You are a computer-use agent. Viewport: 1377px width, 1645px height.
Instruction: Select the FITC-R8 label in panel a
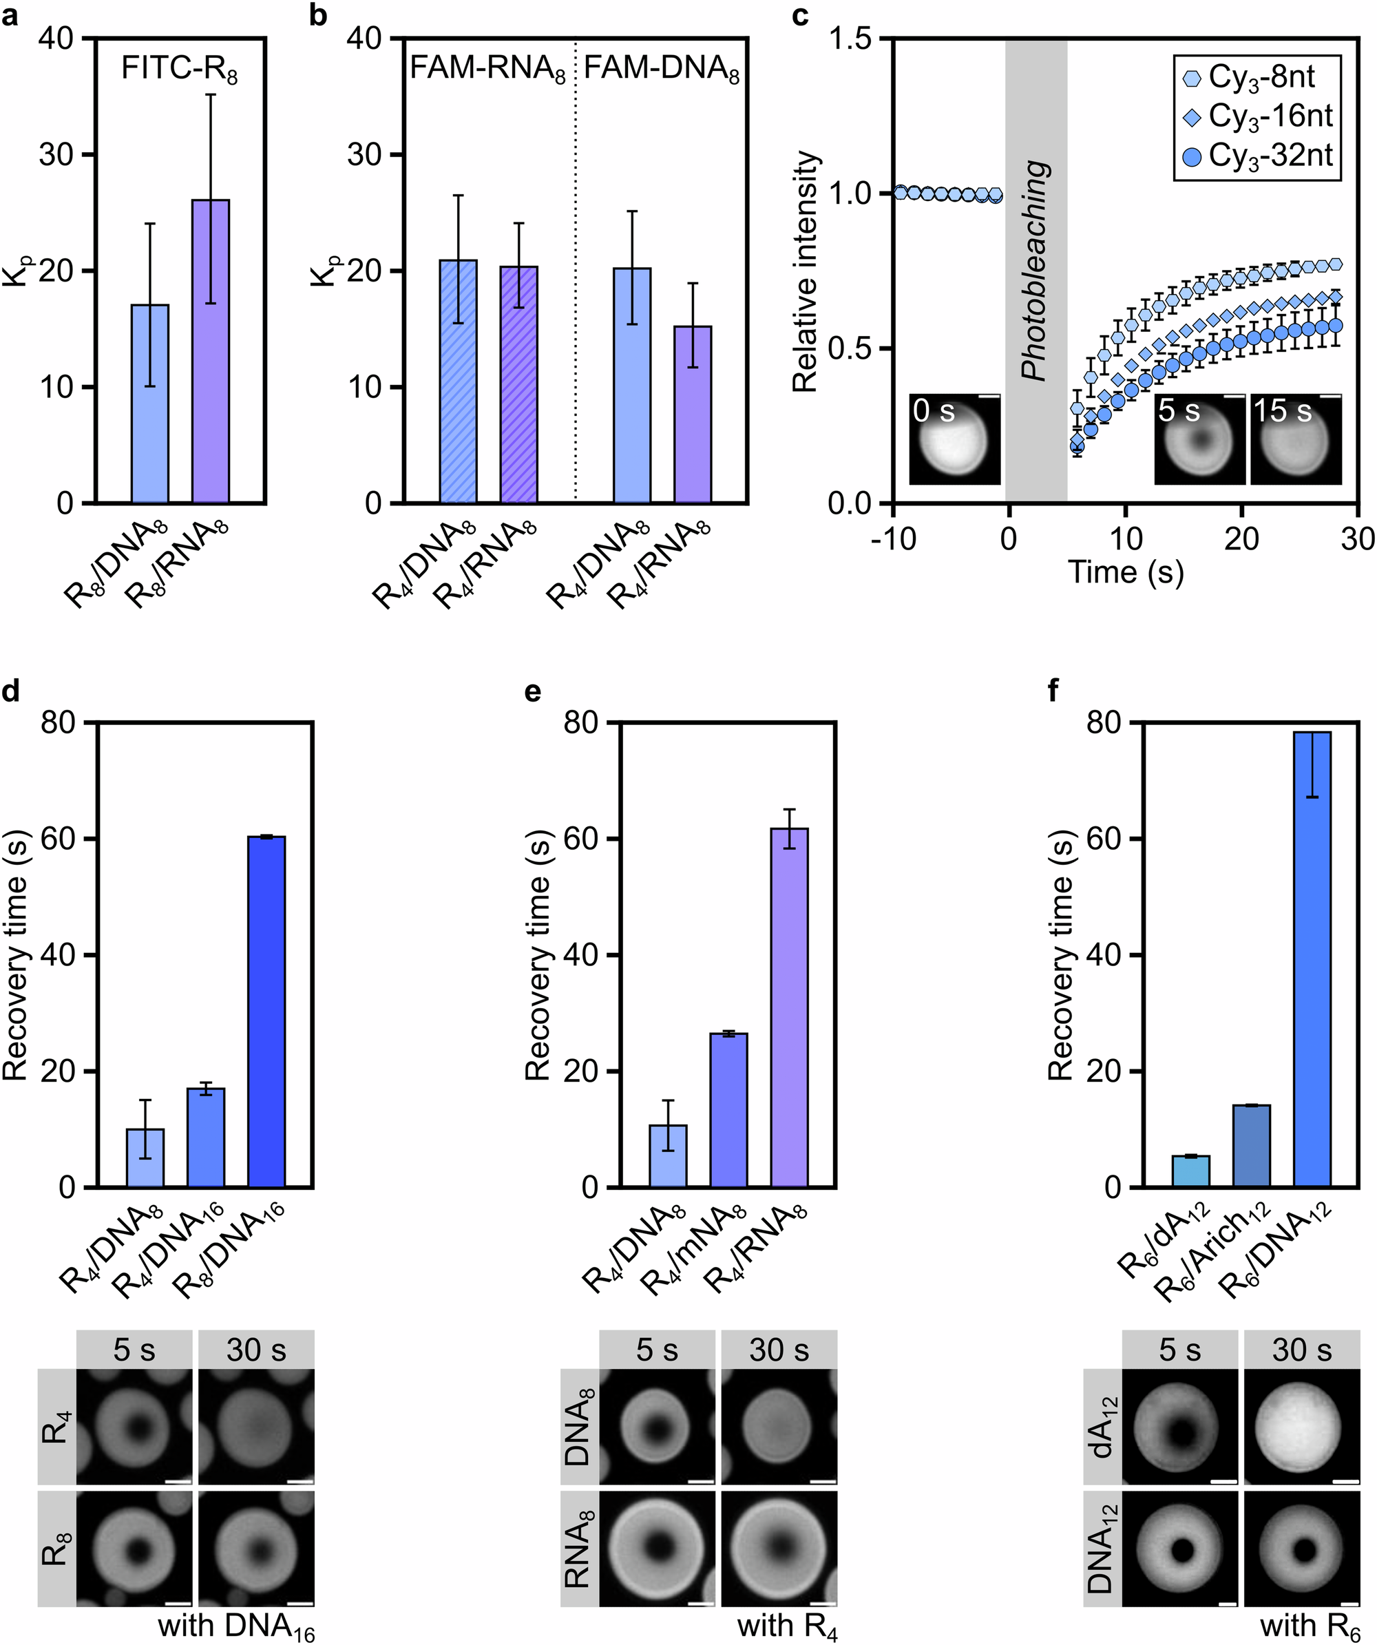[x=180, y=70]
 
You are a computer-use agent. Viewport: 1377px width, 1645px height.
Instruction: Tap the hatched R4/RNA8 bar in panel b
[x=518, y=384]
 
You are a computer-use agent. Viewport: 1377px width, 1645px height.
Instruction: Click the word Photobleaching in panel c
[x=1036, y=270]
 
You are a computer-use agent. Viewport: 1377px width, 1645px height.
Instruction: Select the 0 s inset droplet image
[x=955, y=439]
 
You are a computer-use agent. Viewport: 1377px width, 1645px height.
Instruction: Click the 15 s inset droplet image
[x=1296, y=439]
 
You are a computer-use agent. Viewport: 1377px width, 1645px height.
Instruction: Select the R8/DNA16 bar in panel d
[x=266, y=1012]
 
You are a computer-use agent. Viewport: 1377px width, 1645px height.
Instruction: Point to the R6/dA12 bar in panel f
[x=1190, y=1171]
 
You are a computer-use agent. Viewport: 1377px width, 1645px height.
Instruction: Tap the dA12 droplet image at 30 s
[x=1301, y=1427]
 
